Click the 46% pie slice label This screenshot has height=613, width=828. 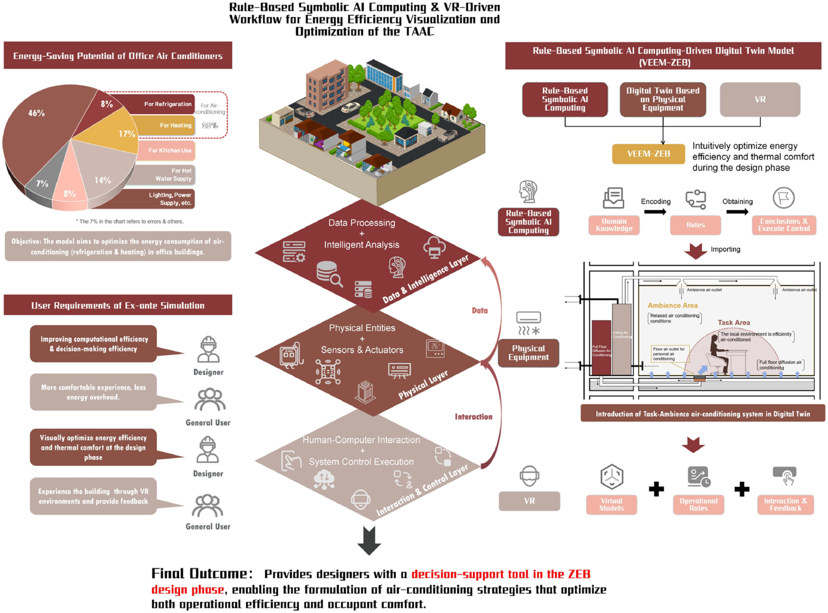36,113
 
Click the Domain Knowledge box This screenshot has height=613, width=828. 614,225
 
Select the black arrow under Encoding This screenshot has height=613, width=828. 655,211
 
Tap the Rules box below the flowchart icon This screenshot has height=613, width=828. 695,225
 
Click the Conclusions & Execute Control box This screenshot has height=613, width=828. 783,225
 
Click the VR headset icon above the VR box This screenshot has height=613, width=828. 529,476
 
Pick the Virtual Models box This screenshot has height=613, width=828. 611,504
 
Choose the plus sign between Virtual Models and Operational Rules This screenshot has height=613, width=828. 656,489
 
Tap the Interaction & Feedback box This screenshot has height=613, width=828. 785,504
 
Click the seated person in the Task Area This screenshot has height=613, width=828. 714,349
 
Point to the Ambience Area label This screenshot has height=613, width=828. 672,306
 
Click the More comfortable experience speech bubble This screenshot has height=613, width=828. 93,392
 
